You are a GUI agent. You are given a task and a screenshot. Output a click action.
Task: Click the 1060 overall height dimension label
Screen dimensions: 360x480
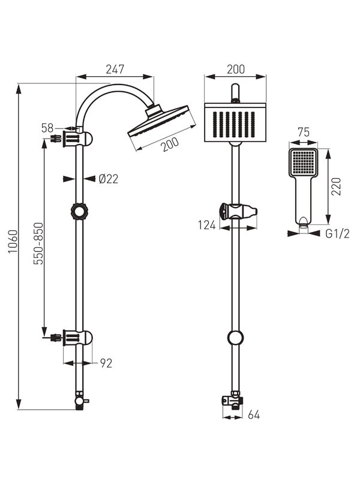click(13, 242)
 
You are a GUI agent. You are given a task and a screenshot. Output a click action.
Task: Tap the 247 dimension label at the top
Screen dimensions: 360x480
click(115, 70)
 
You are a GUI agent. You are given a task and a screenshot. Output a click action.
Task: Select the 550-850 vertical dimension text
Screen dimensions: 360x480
click(38, 244)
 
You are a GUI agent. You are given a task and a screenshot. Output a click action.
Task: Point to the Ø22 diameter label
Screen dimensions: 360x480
click(109, 179)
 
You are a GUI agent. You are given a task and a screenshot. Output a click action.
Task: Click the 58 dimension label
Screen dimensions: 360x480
click(47, 128)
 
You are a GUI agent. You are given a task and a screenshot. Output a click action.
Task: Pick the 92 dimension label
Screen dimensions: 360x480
click(106, 363)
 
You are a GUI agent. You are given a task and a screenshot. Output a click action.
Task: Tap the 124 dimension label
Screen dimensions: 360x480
click(207, 226)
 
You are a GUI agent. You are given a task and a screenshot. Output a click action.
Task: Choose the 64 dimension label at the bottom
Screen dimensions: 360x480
click(254, 415)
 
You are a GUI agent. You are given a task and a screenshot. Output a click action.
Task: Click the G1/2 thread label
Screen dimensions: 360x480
click(337, 234)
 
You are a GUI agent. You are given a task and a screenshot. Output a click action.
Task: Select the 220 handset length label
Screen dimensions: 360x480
click(336, 187)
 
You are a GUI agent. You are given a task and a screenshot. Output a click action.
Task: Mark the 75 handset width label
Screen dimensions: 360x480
click(304, 132)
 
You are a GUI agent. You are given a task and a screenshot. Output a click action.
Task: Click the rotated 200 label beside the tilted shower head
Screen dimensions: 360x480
click(170, 145)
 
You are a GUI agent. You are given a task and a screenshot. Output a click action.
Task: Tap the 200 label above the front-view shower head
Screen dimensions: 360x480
click(236, 70)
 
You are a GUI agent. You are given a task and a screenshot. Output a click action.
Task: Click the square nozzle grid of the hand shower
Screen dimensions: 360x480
click(304, 162)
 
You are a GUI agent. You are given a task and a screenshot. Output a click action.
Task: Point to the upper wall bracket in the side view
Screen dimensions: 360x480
click(77, 139)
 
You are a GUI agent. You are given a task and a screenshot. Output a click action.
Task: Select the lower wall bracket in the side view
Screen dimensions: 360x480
click(77, 338)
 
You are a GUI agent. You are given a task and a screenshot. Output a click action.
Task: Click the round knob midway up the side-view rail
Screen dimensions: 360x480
click(79, 211)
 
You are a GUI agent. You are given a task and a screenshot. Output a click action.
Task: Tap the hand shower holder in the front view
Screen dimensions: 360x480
click(238, 211)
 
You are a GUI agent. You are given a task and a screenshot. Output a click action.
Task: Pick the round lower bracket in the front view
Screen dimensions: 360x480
click(236, 338)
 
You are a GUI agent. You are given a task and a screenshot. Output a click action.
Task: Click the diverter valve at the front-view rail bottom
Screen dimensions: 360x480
click(233, 400)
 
